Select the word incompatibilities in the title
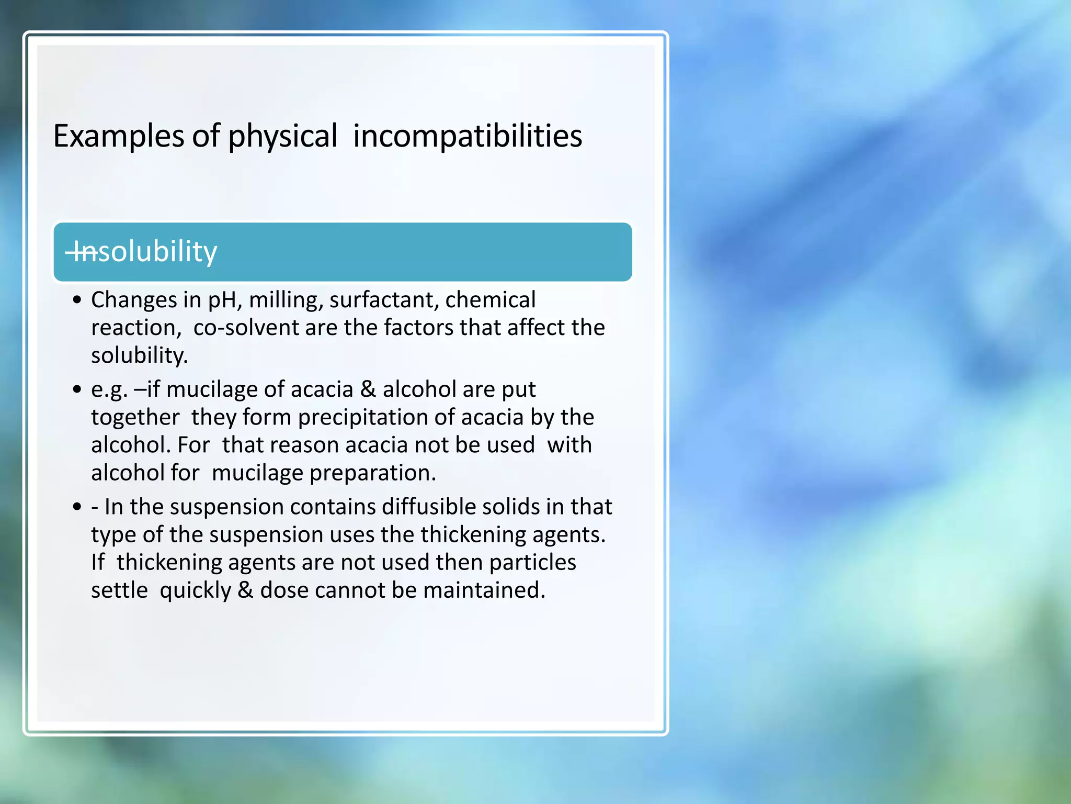click(x=467, y=136)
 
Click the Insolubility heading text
click(x=141, y=252)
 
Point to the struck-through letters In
click(x=81, y=252)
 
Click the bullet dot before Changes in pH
click(x=77, y=300)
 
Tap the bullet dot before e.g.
click(x=77, y=390)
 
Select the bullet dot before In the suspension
click(x=77, y=507)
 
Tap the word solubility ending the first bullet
click(x=139, y=356)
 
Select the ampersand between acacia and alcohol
click(x=368, y=389)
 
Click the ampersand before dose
click(x=245, y=590)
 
